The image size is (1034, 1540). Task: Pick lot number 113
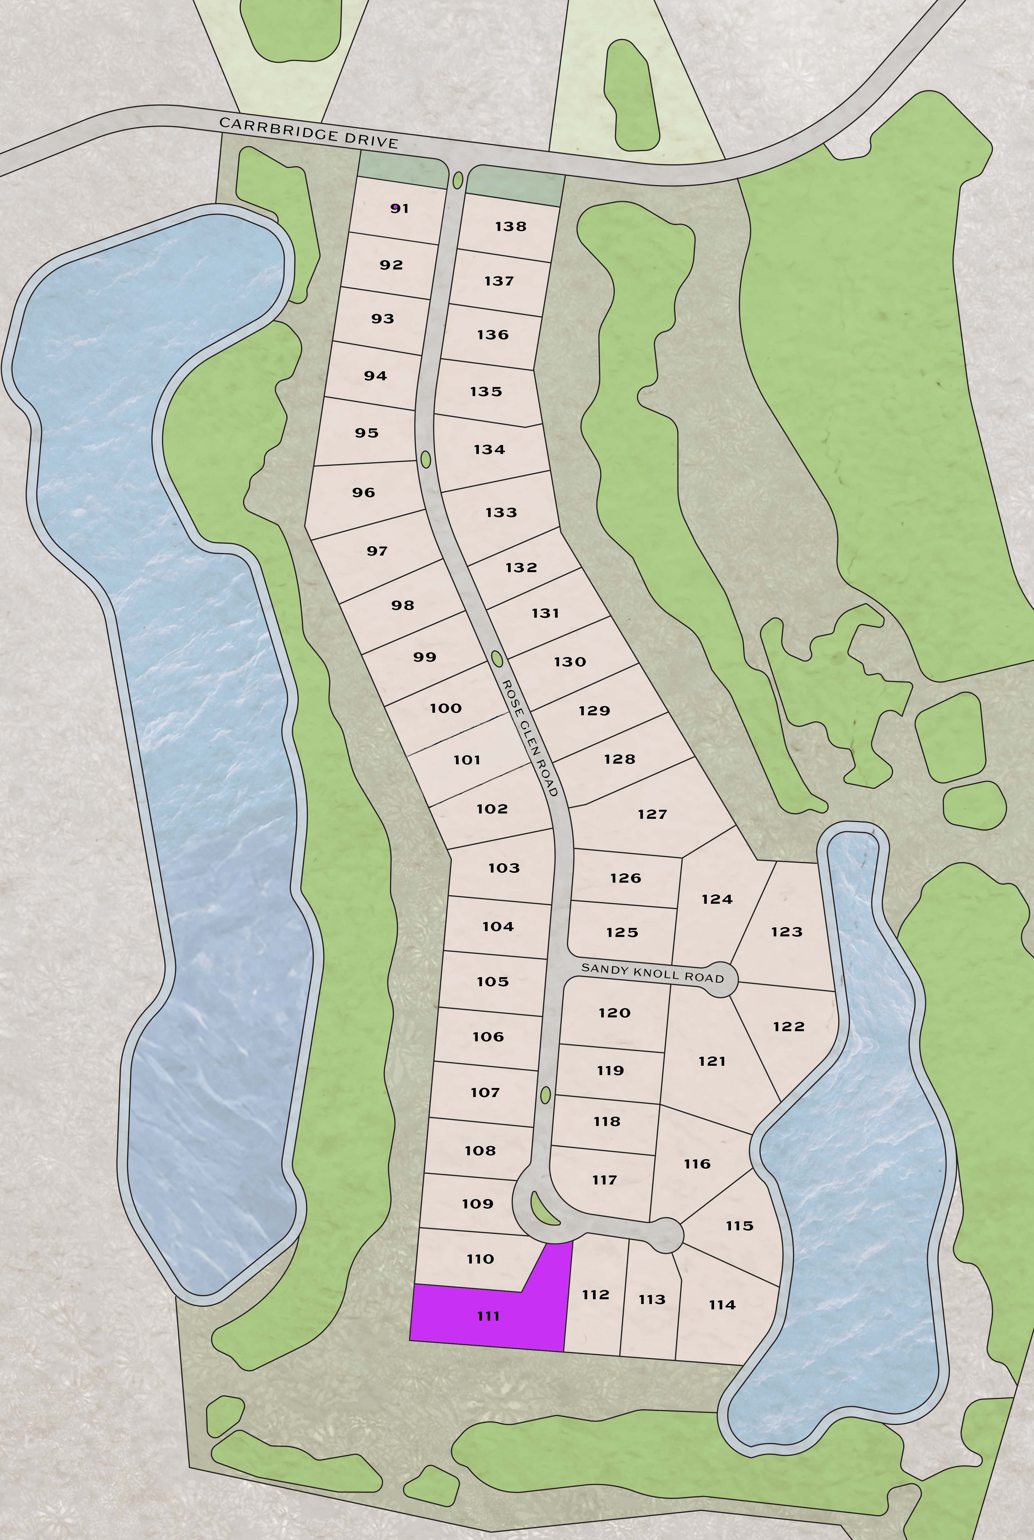click(652, 1300)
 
